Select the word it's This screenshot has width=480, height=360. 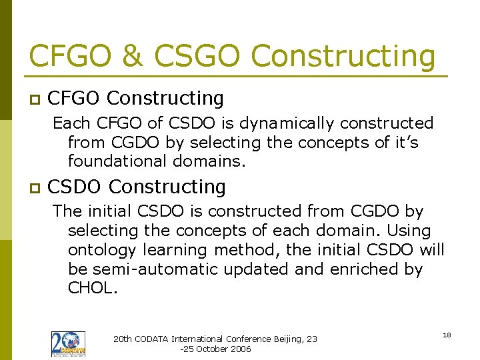[x=403, y=142]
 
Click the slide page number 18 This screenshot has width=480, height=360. [x=446, y=335]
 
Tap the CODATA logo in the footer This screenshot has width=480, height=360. [x=68, y=344]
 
